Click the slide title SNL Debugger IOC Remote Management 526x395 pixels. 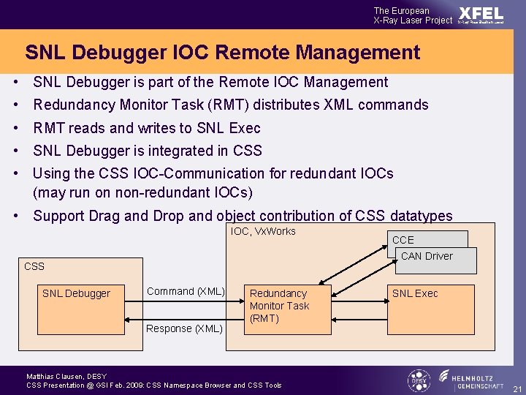[222, 53]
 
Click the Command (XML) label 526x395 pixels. [186, 291]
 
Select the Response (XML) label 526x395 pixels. [184, 328]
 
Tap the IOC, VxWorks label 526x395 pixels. [263, 231]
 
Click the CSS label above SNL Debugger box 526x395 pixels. [34, 266]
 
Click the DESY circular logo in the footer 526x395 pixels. [418, 380]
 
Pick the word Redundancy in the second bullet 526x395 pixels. [71, 105]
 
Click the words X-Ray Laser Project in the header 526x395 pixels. [413, 20]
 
